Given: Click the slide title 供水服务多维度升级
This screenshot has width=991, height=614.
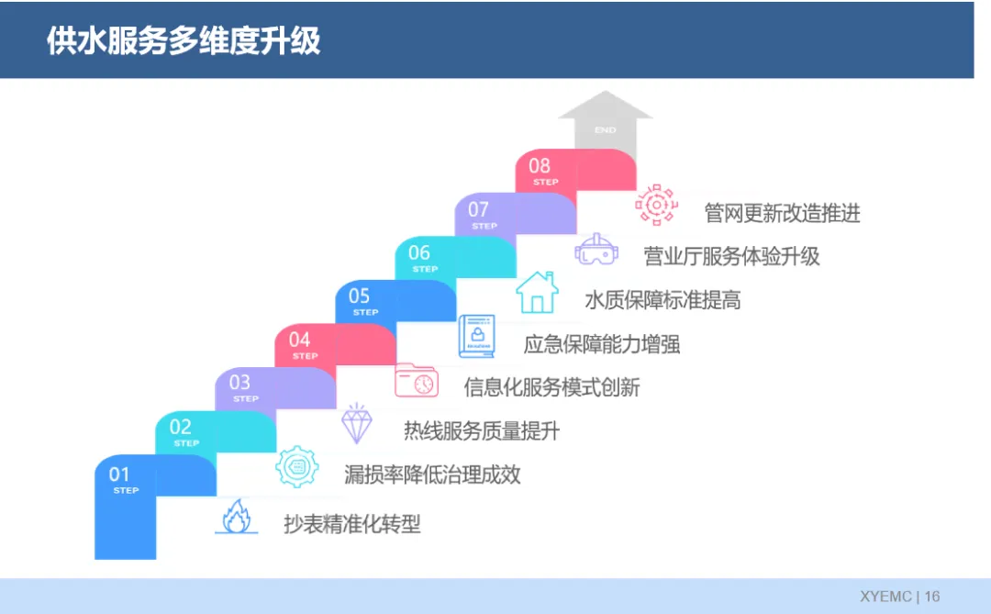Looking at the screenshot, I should coord(184,41).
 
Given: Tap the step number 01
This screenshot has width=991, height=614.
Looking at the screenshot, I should coord(119,474).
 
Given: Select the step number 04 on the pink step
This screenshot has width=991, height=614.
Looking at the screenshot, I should coord(300,340).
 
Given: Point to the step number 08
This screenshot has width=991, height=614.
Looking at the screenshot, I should coord(540,166).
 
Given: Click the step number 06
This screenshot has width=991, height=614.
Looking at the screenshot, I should coord(419,253).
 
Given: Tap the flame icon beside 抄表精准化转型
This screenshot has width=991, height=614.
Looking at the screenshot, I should coord(236,518).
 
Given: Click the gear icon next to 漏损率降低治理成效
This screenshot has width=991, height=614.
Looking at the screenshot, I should coord(297,467).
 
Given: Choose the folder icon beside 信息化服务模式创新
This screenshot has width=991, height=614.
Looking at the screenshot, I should coord(417,380).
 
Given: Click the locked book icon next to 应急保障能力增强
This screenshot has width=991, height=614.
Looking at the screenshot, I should coord(476,337).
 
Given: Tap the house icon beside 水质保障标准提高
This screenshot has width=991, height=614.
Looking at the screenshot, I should coord(537,293).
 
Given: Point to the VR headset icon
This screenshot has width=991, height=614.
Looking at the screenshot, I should coord(596,250).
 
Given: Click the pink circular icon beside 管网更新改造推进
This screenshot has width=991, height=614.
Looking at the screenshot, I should coord(656,205).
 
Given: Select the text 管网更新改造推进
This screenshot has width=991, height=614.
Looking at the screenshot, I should coord(783,214).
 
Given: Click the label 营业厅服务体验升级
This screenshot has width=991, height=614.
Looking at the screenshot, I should coord(731,257).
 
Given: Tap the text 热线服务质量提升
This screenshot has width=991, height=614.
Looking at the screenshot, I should coord(482,430).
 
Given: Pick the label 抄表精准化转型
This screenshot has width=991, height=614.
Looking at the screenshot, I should coord(352,525).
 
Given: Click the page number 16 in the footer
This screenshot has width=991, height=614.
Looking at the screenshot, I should coord(932,597).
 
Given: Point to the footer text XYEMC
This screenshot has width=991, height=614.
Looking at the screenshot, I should coord(885,597).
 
